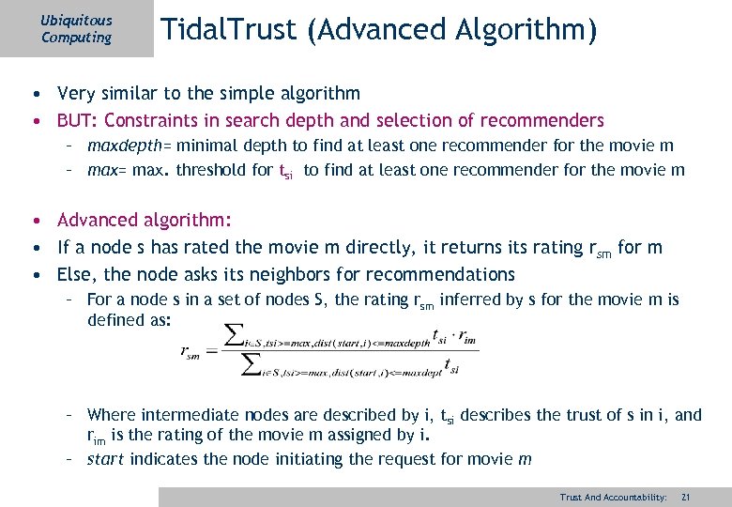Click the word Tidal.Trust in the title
click(x=228, y=30)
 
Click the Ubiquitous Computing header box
click(x=77, y=29)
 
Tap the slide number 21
click(x=686, y=497)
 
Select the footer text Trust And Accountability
click(x=613, y=497)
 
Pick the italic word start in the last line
click(x=106, y=459)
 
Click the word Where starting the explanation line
click(x=111, y=415)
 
